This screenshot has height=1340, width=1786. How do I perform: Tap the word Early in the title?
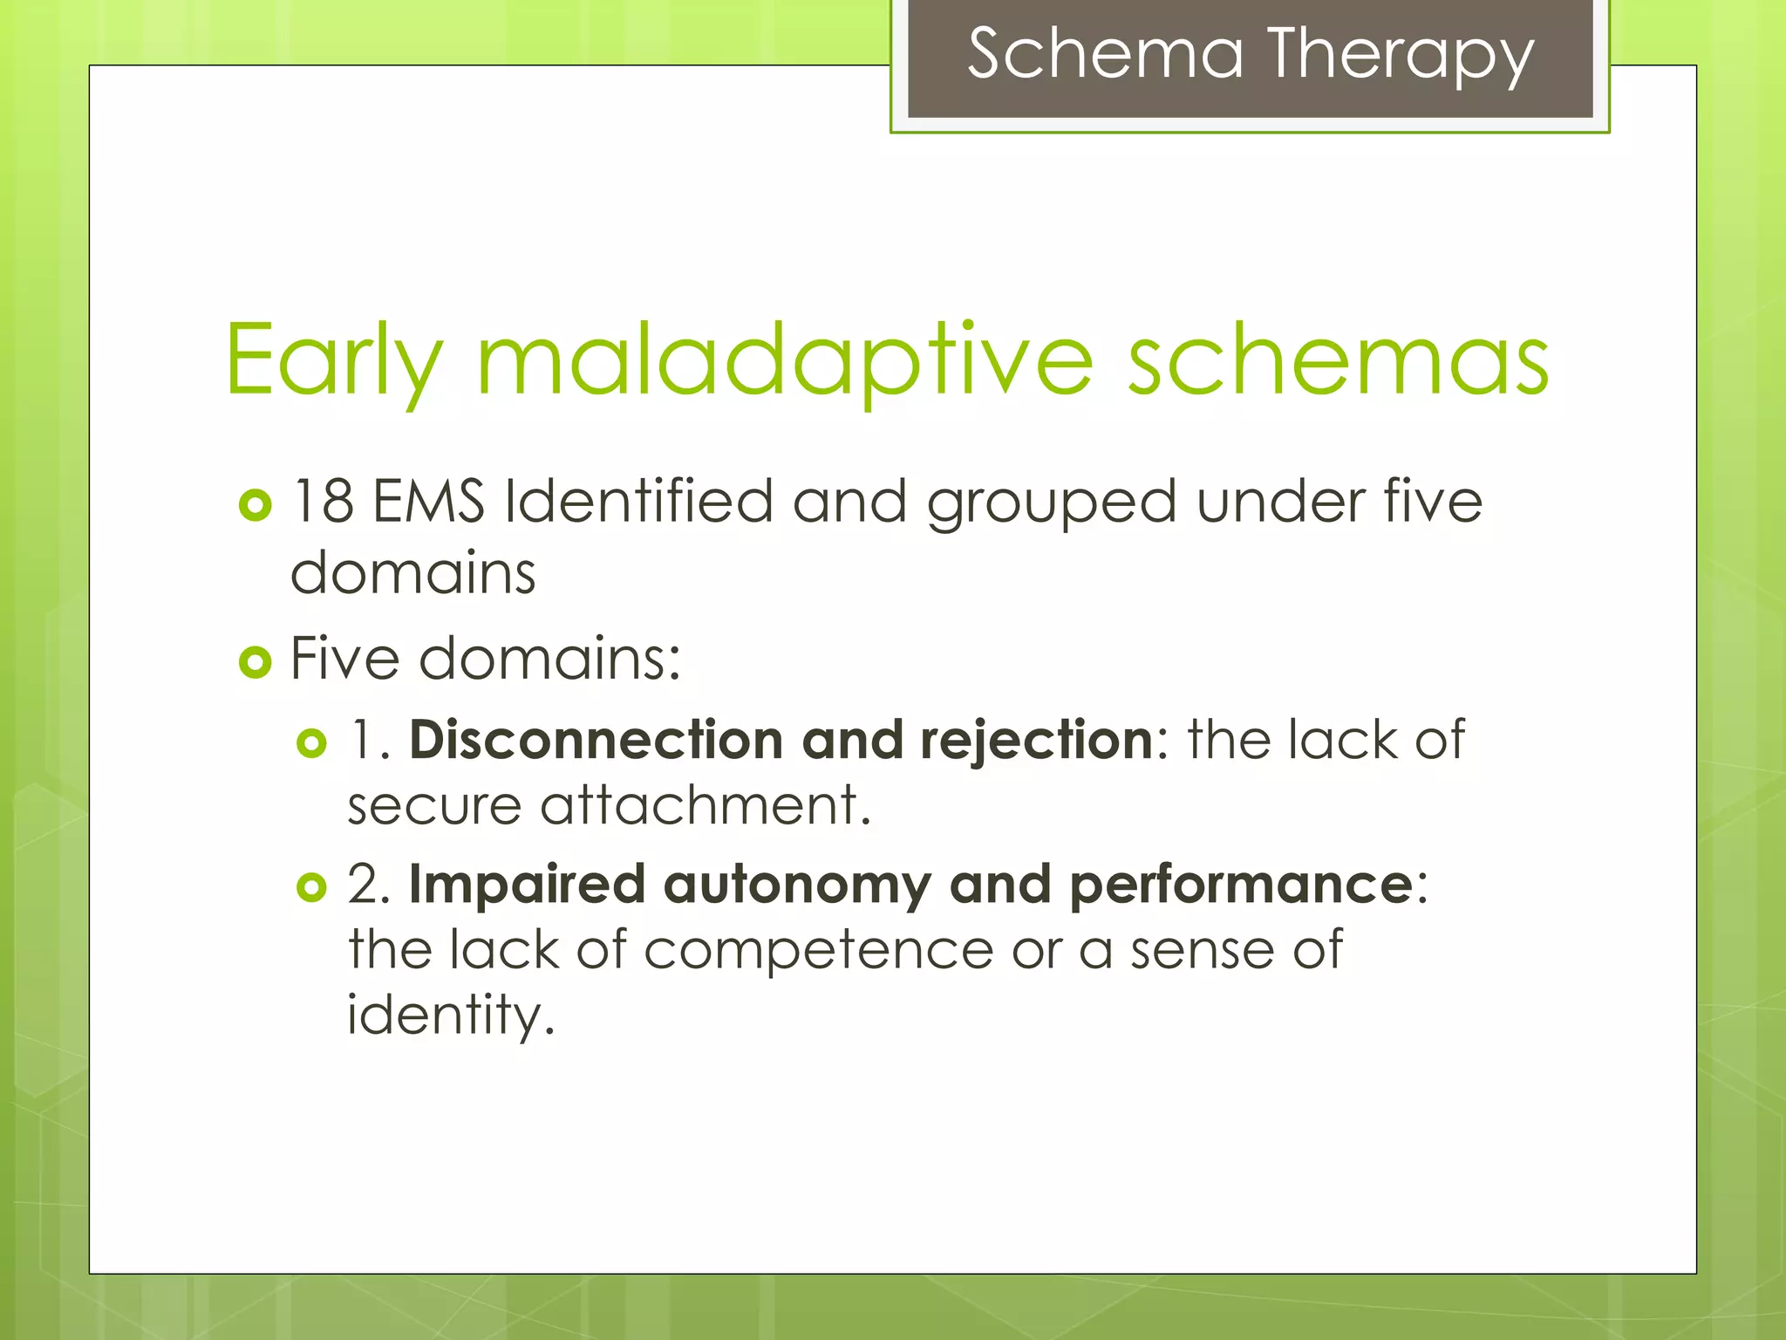click(x=334, y=360)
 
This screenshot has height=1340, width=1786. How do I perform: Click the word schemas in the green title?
click(x=1338, y=360)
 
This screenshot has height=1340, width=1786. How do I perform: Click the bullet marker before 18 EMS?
click(x=255, y=505)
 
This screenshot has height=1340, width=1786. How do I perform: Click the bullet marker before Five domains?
click(x=255, y=663)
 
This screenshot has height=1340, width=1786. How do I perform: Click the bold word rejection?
click(x=1037, y=742)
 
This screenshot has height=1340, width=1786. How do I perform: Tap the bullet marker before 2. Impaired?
click(x=311, y=888)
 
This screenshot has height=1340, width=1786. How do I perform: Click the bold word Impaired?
click(x=527, y=885)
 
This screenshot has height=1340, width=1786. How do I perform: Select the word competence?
click(x=818, y=950)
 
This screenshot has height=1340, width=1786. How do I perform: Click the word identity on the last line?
click(x=450, y=1016)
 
